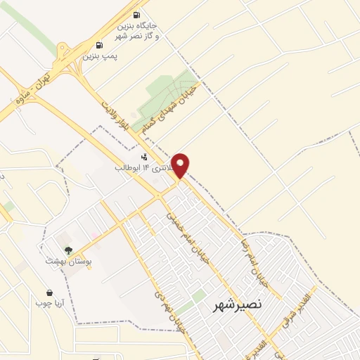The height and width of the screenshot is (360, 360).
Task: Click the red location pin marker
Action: point(181,164)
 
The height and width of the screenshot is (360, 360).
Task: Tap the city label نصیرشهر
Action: point(237,304)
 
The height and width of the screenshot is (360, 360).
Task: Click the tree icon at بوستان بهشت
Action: point(68,250)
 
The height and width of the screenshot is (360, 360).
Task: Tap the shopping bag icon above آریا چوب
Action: point(49,292)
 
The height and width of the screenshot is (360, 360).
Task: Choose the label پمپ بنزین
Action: point(101,55)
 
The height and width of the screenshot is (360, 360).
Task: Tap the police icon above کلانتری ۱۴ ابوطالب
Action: point(144,157)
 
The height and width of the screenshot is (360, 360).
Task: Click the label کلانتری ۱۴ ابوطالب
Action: point(144,169)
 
